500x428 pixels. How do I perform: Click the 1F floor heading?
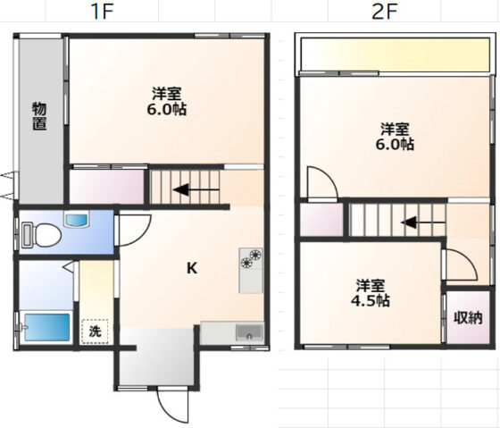click(103, 12)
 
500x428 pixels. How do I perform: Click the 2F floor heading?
click(385, 12)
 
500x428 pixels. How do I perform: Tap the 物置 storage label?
click(39, 116)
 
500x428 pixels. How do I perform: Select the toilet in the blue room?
click(41, 236)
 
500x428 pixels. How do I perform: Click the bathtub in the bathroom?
click(47, 327)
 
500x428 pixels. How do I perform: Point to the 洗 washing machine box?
click(95, 331)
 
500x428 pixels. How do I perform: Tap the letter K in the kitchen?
click(192, 268)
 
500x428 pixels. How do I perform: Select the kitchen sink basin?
click(249, 332)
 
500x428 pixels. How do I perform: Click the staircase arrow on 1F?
click(196, 190)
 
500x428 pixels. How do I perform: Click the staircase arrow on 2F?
click(423, 222)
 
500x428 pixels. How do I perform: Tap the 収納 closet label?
click(468, 318)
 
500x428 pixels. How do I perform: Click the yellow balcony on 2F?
click(395, 55)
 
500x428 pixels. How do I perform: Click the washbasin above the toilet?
click(77, 220)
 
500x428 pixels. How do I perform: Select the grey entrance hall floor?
click(157, 357)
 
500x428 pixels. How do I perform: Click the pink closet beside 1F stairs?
click(106, 187)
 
